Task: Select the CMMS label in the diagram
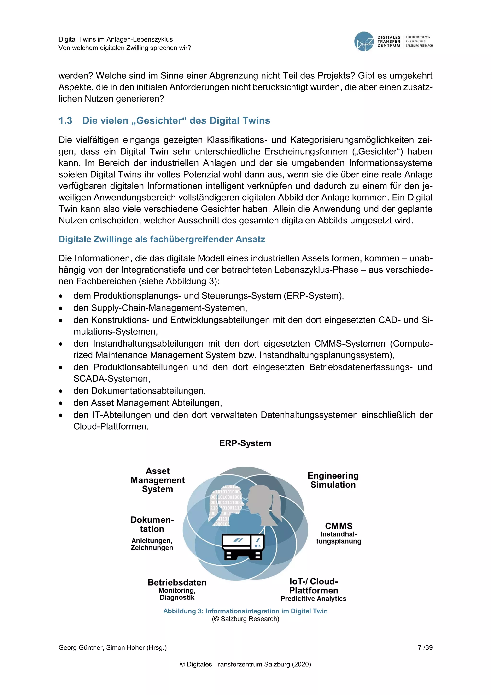coord(339,526)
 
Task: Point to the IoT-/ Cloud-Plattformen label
coord(314,586)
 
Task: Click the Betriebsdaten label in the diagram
coord(177,582)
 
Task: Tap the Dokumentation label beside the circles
coord(152,525)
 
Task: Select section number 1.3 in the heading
coord(65,120)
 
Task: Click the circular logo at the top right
coord(364,42)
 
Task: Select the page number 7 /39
coord(425,647)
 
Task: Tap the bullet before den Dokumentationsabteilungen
coord(61,391)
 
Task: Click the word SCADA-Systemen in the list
coord(111,379)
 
